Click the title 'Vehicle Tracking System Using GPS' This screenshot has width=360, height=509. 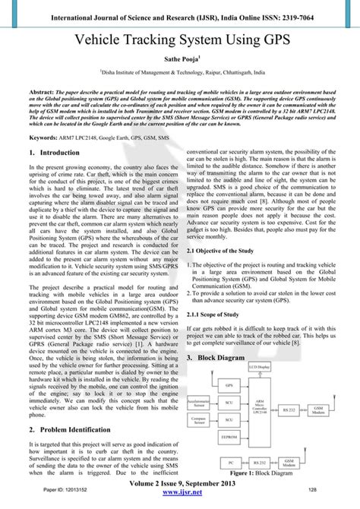point(180,41)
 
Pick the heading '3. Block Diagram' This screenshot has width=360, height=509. point(219,354)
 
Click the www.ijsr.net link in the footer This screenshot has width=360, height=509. point(180,502)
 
